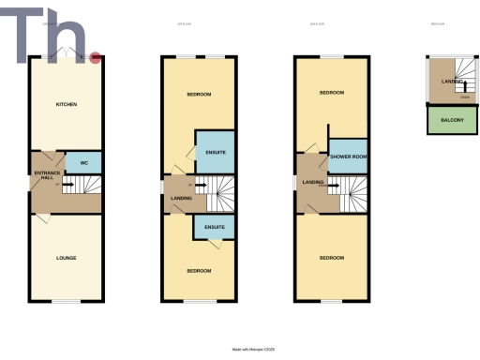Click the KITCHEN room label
(66, 104)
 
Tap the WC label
(83, 163)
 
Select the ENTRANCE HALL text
(47, 175)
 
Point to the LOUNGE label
(66, 258)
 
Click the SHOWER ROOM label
(347, 157)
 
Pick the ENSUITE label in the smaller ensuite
(213, 228)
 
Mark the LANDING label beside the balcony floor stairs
(452, 82)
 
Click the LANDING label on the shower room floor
(313, 182)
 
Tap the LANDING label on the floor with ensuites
(181, 198)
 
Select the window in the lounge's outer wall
(66, 300)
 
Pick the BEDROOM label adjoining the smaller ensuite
(197, 270)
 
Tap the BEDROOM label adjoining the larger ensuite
(197, 94)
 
